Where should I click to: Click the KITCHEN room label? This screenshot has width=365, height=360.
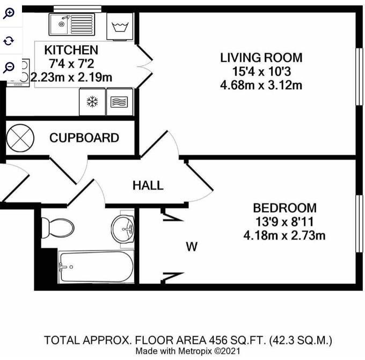pyautogui.click(x=71, y=50)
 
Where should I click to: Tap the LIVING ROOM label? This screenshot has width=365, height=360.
pyautogui.click(x=261, y=57)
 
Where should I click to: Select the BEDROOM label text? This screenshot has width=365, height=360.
pyautogui.click(x=284, y=208)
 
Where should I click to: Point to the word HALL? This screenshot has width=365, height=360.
pyautogui.click(x=148, y=186)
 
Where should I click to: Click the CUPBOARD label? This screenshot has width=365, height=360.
pyautogui.click(x=84, y=138)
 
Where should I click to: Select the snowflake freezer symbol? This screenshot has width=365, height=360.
pyautogui.click(x=92, y=102)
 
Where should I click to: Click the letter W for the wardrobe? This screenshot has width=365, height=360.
pyautogui.click(x=191, y=247)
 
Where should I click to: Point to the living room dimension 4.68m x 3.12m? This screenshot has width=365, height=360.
pyautogui.click(x=261, y=85)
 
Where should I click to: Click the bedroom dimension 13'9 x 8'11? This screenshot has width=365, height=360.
pyautogui.click(x=284, y=221)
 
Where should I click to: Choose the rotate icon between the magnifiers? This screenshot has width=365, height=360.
pyautogui.click(x=9, y=41)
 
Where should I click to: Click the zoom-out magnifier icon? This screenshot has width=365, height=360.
pyautogui.click(x=9, y=67)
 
